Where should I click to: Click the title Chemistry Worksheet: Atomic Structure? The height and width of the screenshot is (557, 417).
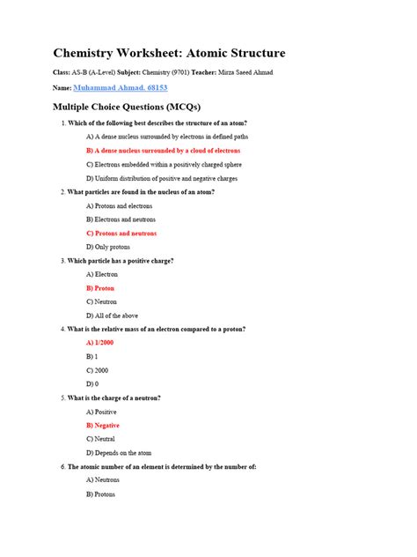169,54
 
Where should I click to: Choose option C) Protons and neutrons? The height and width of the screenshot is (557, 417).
121,234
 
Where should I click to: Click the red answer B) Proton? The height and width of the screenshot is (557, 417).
100,288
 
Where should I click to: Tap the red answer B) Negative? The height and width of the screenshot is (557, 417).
103,426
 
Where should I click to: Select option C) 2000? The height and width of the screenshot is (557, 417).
97,370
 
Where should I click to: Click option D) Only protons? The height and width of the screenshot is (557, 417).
110,247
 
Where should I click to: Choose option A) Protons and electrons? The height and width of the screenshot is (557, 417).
119,205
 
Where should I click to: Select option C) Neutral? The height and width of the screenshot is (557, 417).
101,439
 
